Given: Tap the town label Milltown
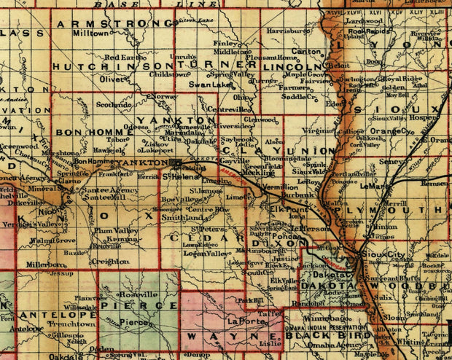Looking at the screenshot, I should pos(90,34).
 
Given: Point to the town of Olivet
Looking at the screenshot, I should pos(112,78).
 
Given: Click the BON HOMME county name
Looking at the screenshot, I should pos(87,131).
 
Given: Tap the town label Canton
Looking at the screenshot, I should pos(302,52).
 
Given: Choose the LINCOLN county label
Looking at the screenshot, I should pos(287,66).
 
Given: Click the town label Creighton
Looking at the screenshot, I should pos(111,261).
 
